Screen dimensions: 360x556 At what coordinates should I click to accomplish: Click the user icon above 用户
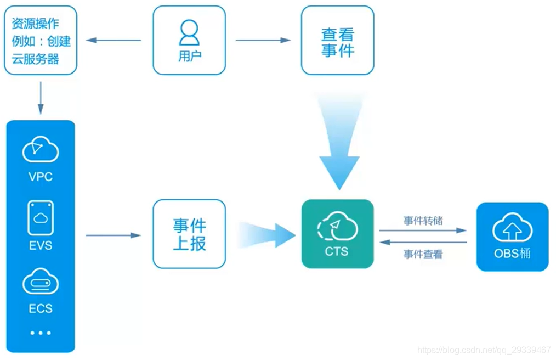189,32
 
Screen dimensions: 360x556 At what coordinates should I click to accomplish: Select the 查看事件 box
338,41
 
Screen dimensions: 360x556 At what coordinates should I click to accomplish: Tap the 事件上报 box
189,234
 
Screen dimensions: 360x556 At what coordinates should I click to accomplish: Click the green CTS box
337,234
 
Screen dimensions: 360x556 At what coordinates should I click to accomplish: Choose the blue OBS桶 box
512,237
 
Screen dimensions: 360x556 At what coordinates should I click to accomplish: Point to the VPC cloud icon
41,150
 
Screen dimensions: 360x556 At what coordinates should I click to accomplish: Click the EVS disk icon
41,218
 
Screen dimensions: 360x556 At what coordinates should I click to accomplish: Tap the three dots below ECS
41,333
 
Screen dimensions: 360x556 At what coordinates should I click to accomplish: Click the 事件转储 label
423,221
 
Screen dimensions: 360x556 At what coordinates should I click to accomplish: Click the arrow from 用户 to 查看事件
263,40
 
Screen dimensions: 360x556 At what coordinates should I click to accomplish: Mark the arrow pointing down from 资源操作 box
41,95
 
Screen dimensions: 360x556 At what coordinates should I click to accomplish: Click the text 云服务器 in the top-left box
36,59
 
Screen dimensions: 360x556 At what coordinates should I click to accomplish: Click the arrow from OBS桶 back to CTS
423,242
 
